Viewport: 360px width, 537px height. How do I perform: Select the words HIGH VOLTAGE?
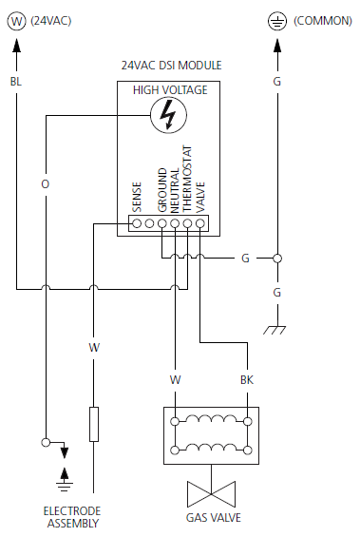tap(170, 89)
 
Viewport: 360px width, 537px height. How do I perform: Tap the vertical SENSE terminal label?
tap(137, 197)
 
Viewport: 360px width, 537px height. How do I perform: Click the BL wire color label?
tap(15, 83)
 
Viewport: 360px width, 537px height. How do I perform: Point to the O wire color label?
tap(45, 182)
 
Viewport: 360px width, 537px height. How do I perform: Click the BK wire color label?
tap(246, 380)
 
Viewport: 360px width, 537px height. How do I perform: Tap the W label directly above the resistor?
tap(93, 348)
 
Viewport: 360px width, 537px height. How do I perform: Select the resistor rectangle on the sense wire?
tap(93, 424)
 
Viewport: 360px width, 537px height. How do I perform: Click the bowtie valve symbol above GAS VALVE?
tap(210, 493)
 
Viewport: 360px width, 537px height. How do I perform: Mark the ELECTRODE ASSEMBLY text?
tap(71, 516)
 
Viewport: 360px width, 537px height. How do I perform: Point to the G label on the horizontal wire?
tap(245, 258)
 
